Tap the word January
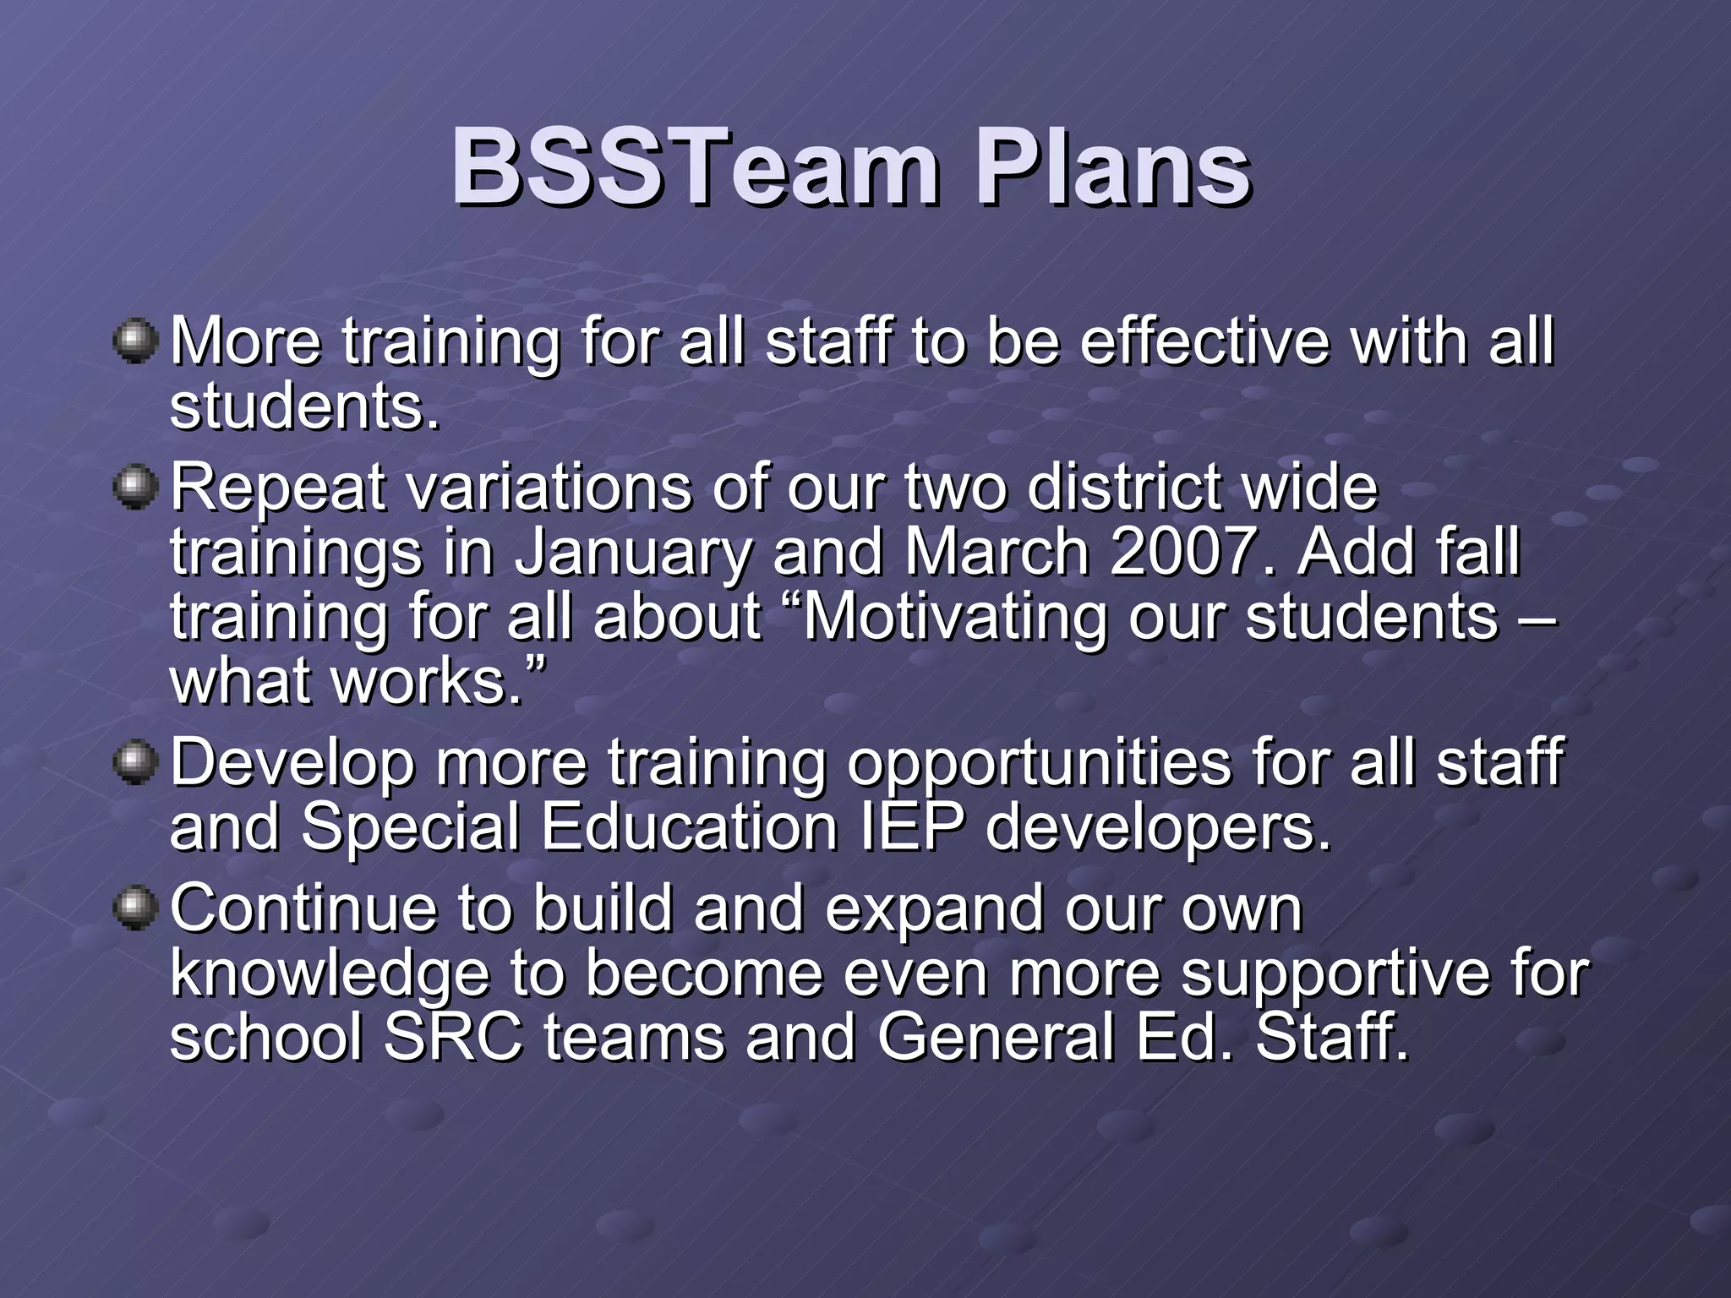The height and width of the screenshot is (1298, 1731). [x=634, y=554]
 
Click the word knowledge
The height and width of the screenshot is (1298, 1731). [x=330, y=974]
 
